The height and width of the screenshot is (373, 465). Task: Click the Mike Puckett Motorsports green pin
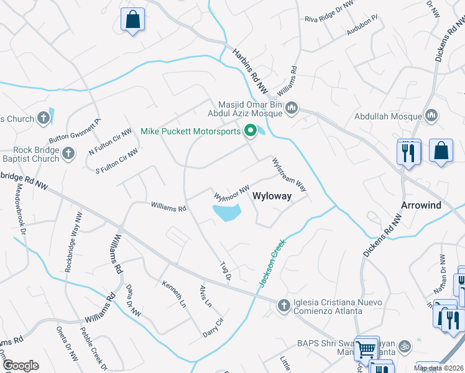(251, 131)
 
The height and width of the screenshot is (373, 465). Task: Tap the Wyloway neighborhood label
(272, 196)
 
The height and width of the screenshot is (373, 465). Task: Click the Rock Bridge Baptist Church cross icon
(68, 152)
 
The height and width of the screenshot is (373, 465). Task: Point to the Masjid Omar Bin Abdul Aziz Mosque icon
(292, 109)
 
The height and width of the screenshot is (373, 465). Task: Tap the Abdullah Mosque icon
(432, 116)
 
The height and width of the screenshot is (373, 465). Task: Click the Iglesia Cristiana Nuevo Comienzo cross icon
(283, 305)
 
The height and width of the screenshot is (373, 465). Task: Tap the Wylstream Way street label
(288, 174)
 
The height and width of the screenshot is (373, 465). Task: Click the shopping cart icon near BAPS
(366, 349)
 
